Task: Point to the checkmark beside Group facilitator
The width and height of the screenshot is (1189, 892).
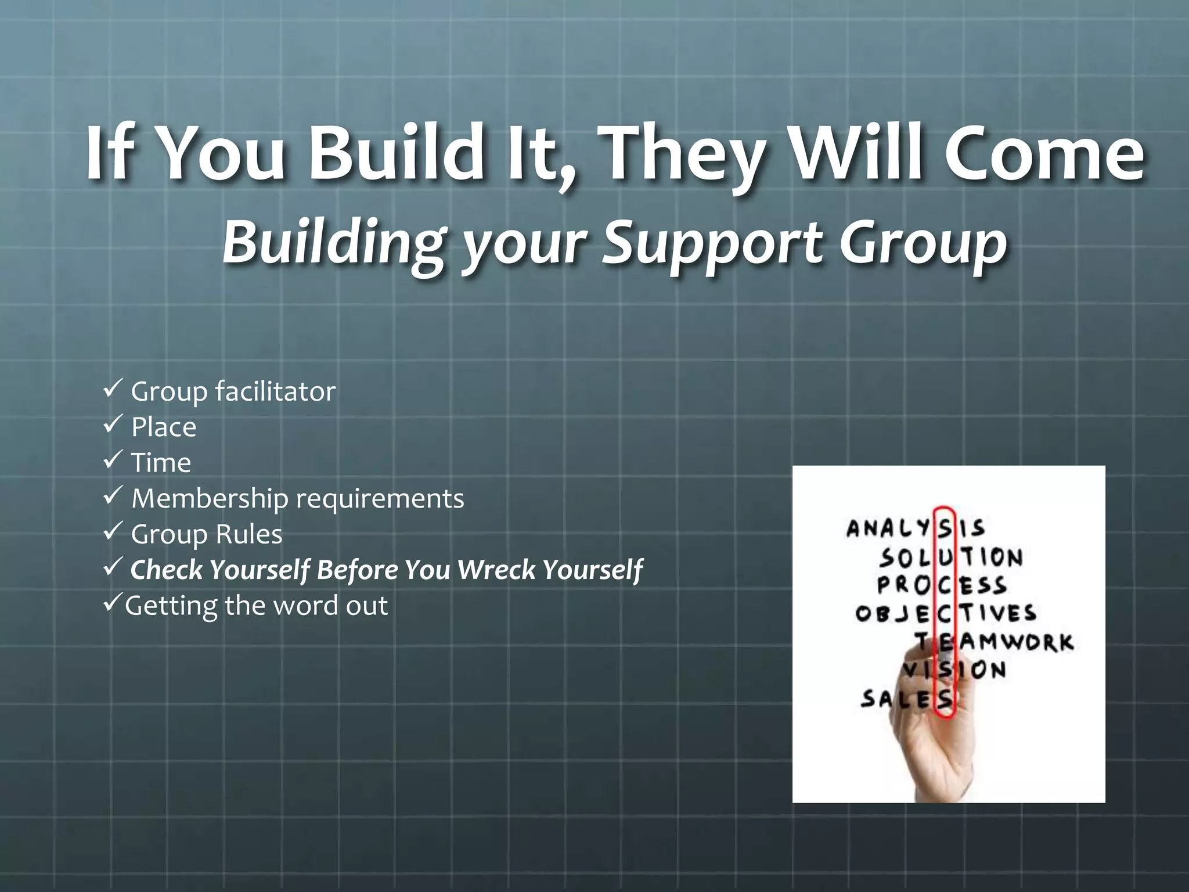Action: coord(111,388)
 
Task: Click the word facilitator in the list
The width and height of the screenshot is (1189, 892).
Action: coord(275,391)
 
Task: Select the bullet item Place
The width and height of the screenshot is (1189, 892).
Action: coord(163,427)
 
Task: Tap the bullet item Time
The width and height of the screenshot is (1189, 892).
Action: coord(161,463)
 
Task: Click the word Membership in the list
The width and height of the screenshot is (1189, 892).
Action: coord(210,498)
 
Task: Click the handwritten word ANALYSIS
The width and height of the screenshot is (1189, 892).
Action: coord(916,528)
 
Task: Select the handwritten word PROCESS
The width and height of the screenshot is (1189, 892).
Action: coord(942,585)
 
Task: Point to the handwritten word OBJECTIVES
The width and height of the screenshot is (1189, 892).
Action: coord(946,613)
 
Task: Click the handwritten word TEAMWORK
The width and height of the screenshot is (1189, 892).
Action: coord(994,642)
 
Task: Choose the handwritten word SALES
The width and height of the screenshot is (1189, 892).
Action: coord(906,699)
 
